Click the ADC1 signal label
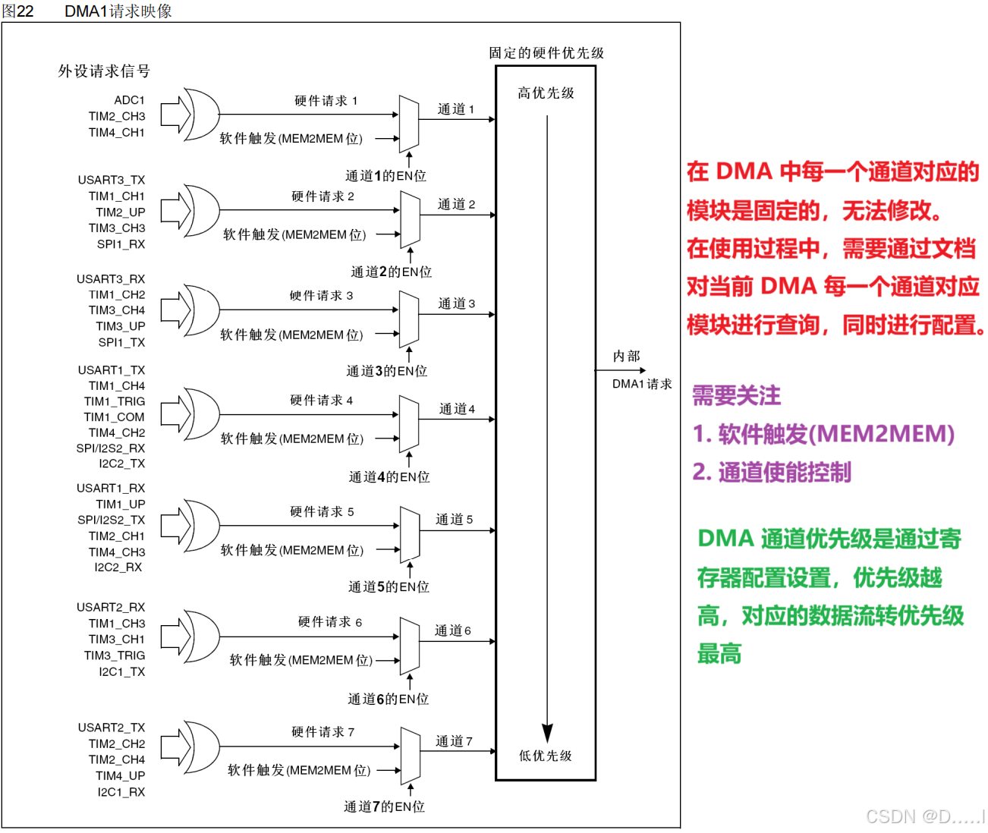click(129, 100)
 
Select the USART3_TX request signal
click(111, 180)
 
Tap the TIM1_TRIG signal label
click(114, 401)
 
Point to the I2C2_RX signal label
click(118, 567)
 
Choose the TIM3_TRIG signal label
click(114, 655)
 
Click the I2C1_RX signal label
click(121, 792)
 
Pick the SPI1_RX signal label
click(121, 244)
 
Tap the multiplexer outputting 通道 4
click(409, 423)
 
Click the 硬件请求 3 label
click(321, 295)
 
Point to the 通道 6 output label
click(452, 630)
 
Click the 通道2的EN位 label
click(391, 272)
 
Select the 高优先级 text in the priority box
click(546, 93)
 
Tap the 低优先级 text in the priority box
click(545, 756)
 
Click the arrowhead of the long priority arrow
click(547, 733)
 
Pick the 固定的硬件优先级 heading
click(546, 52)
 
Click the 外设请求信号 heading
click(104, 71)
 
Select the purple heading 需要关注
click(736, 395)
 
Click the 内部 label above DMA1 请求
click(626, 356)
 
